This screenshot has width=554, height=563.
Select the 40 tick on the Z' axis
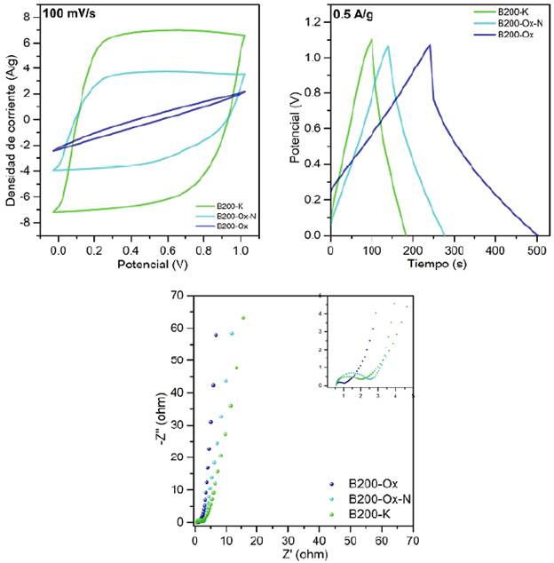(319, 538)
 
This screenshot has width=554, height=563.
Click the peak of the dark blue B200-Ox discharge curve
(430, 45)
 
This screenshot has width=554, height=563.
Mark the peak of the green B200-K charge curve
(371, 39)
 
